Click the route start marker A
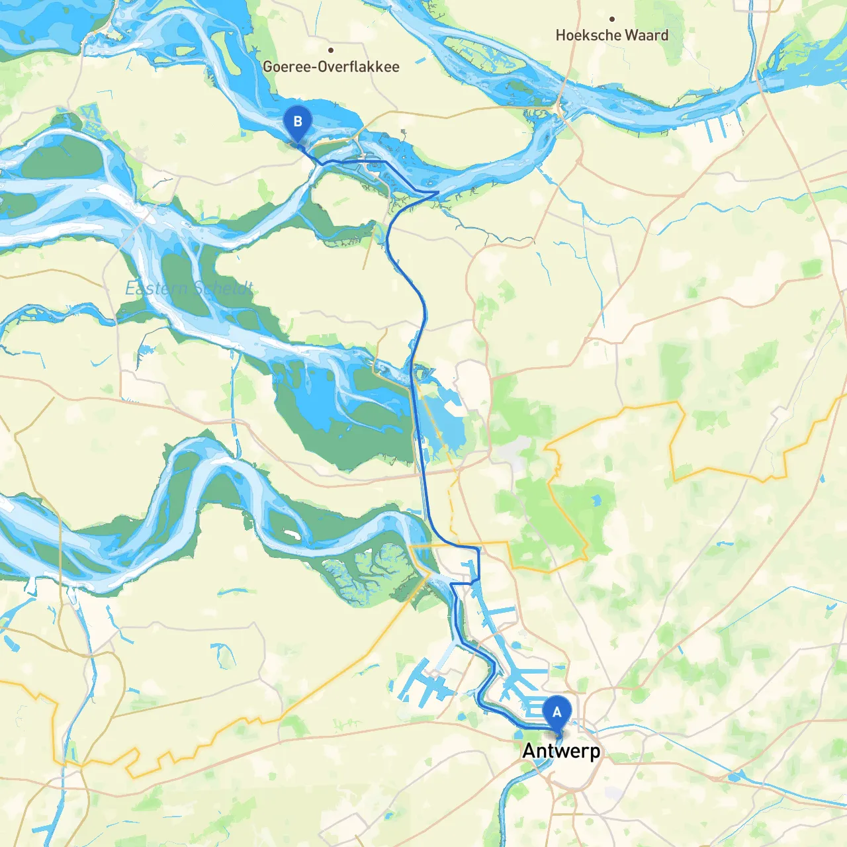coord(557,713)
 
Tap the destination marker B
coord(297,122)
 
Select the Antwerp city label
coord(561,751)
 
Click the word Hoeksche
coord(586,36)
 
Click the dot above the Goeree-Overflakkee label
coord(331,50)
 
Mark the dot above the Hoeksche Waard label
coord(612,19)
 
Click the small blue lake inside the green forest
coord(597,501)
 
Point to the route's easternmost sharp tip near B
coord(437,193)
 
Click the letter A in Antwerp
coord(528,751)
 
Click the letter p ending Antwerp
coord(595,752)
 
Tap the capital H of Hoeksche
coord(560,36)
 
